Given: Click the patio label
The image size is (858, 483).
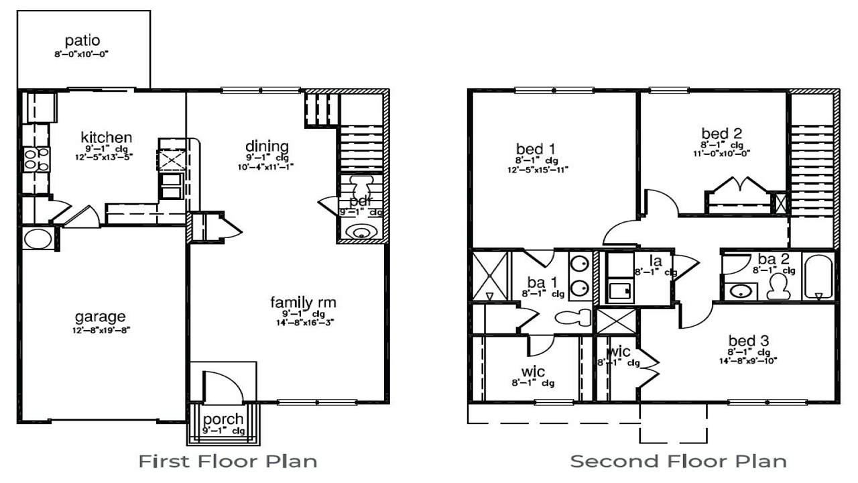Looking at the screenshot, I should pyautogui.click(x=83, y=40).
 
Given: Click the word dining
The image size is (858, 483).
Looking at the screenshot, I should pyautogui.click(x=267, y=146).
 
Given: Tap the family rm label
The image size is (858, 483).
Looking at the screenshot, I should pyautogui.click(x=303, y=303).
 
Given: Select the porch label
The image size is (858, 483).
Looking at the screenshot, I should pyautogui.click(x=223, y=420).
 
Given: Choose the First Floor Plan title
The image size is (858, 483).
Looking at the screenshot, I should pyautogui.click(x=227, y=462).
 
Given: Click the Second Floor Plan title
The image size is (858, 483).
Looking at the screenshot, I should pyautogui.click(x=678, y=462).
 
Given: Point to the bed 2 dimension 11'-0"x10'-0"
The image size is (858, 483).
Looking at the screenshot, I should pyautogui.click(x=721, y=153).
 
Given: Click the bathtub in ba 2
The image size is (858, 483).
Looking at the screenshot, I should pyautogui.click(x=817, y=276).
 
